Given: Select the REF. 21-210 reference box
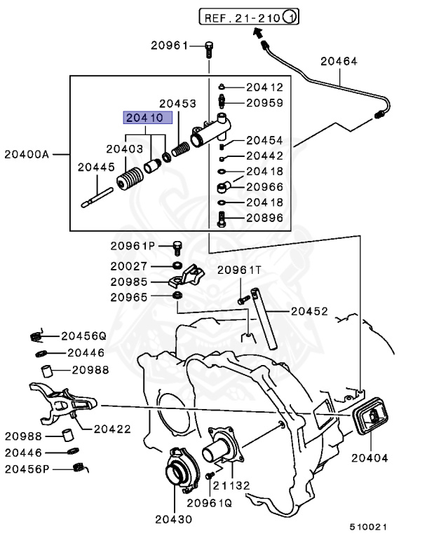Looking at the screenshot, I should [249, 15].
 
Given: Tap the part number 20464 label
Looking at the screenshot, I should [339, 62].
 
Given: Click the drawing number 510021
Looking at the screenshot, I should [370, 525].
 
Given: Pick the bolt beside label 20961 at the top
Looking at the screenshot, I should [209, 48].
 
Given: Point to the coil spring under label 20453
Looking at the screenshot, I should [182, 149].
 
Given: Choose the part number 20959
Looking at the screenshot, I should [264, 102].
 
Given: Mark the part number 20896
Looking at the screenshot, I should [264, 218].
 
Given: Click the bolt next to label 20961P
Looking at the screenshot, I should [177, 247].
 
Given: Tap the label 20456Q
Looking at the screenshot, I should [83, 336].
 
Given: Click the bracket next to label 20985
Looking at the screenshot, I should [186, 278].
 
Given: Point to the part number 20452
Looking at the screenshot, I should [309, 310].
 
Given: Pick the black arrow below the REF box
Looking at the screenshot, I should [258, 32].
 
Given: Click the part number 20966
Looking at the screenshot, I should [264, 187].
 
